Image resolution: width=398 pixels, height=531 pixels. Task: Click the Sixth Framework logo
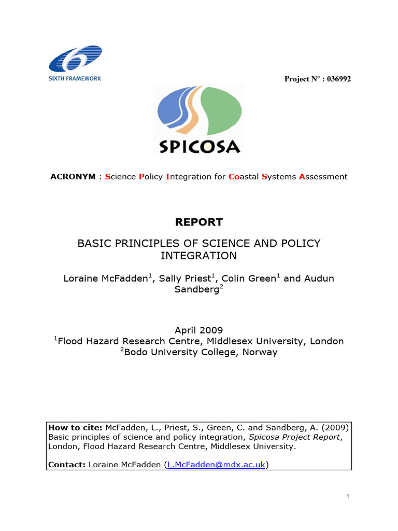pyautogui.click(x=76, y=63)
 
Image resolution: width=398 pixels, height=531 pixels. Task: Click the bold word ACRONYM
pyautogui.click(x=73, y=177)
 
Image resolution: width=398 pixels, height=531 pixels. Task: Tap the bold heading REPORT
pyautogui.click(x=198, y=222)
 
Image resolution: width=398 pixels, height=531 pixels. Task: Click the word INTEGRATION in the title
pyautogui.click(x=198, y=256)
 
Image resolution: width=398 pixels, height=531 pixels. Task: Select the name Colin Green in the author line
pyautogui.click(x=249, y=279)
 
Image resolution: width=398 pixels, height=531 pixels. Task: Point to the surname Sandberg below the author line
pyautogui.click(x=197, y=290)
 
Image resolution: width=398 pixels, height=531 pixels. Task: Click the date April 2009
pyautogui.click(x=198, y=330)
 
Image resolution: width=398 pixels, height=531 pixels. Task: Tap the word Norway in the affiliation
pyautogui.click(x=259, y=352)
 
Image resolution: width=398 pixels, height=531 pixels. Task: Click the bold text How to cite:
pyautogui.click(x=76, y=428)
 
